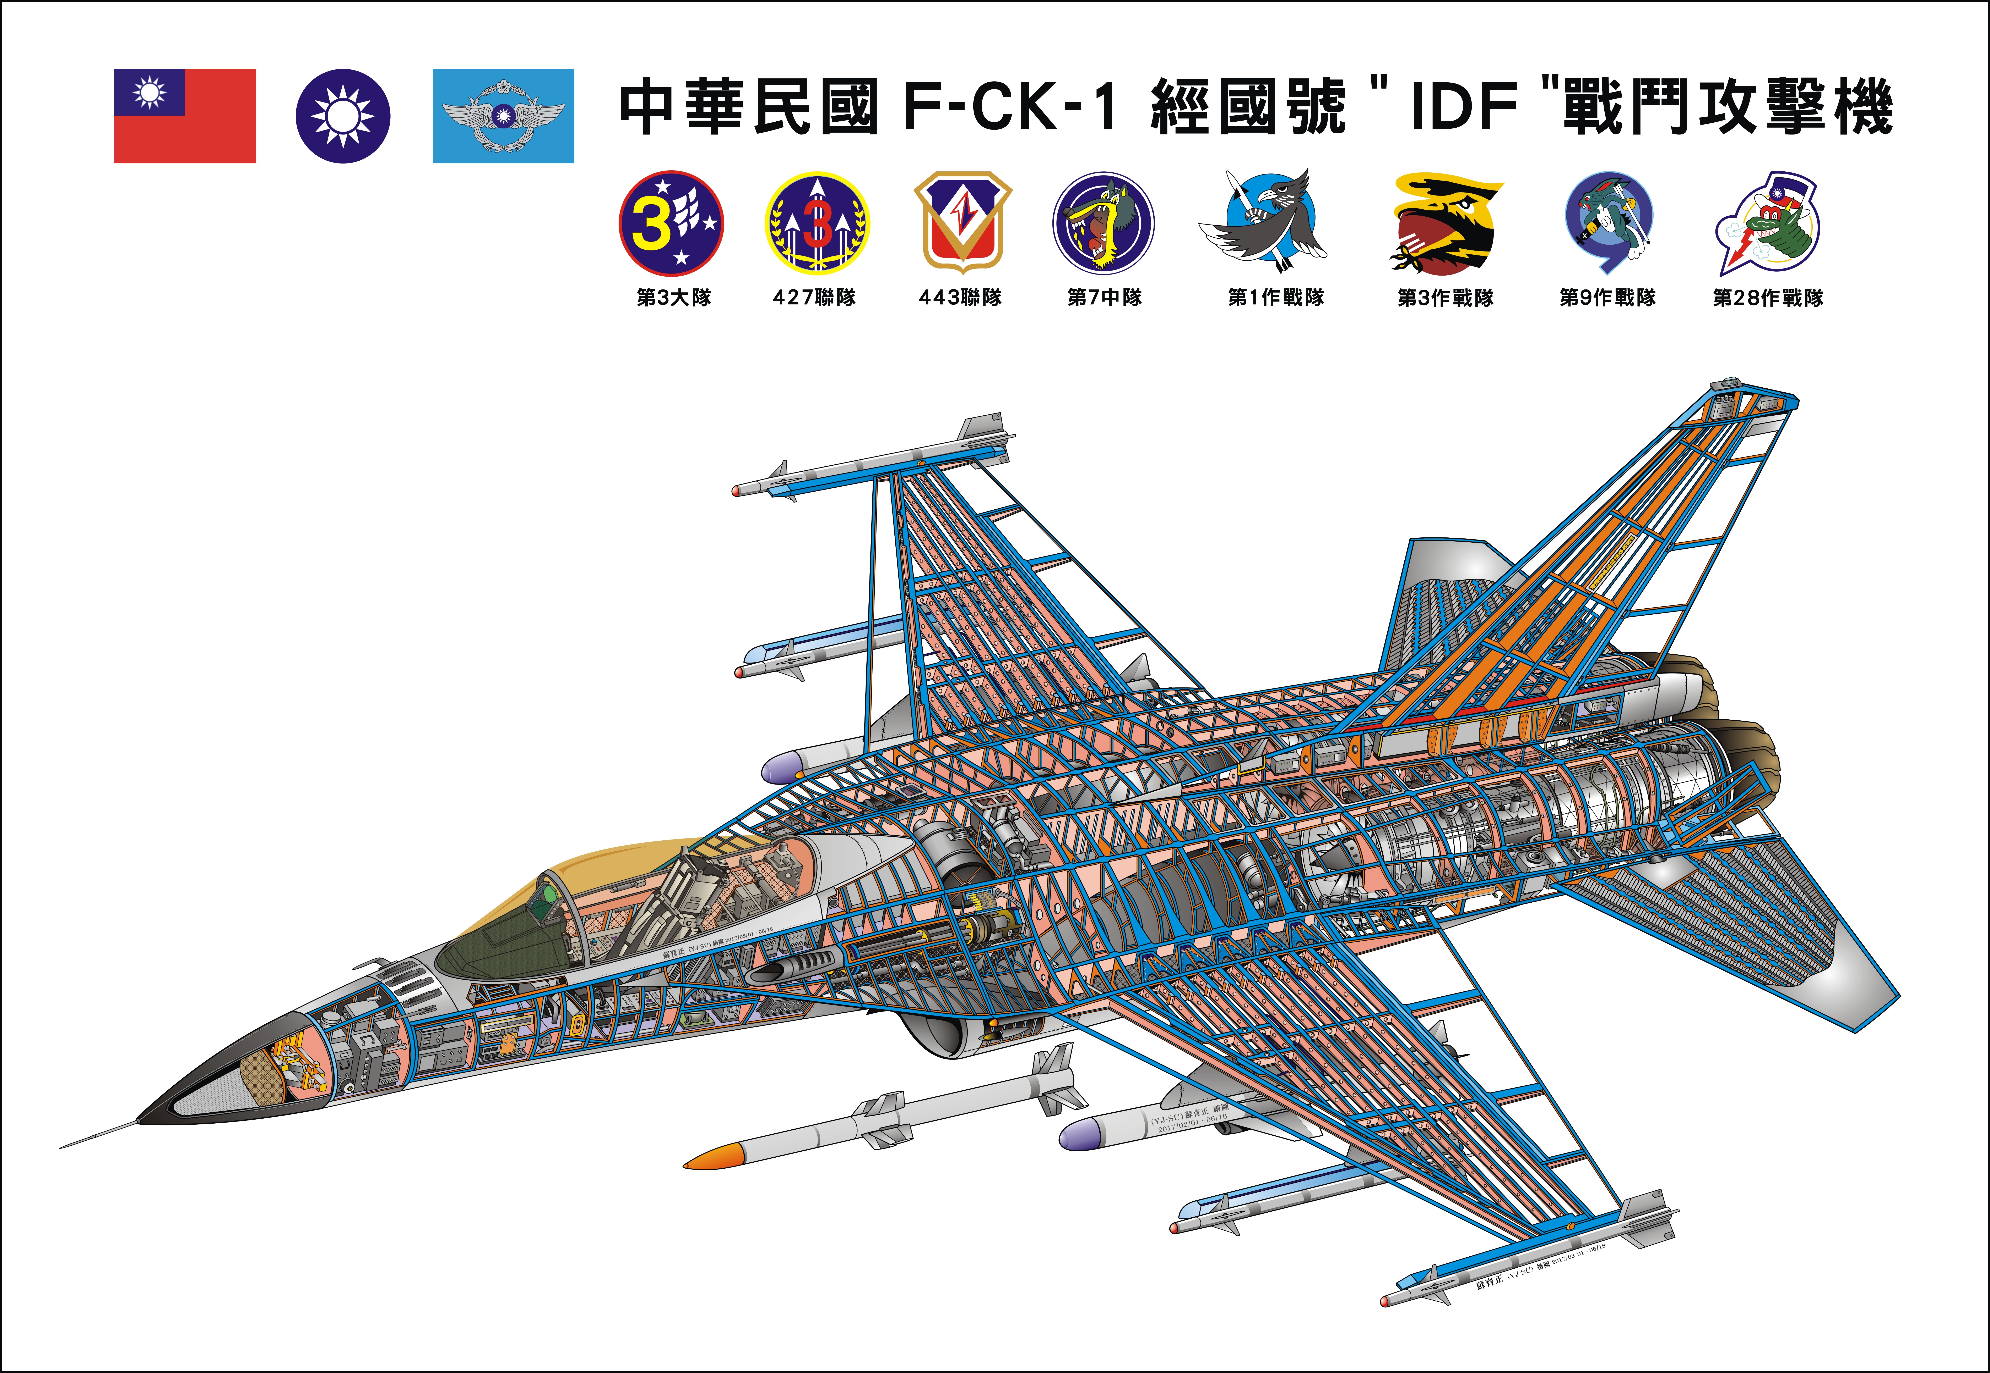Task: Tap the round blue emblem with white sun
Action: tap(343, 116)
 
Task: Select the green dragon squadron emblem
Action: tap(1769, 224)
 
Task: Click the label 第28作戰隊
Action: tap(1768, 298)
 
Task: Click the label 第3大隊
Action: tap(674, 298)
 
